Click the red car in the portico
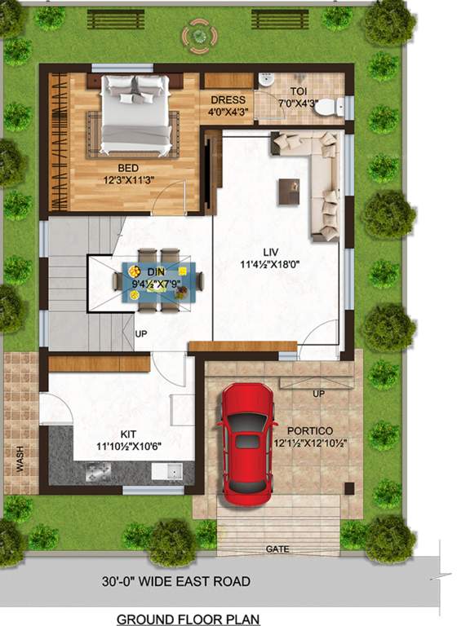pyautogui.click(x=246, y=443)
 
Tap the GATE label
pyautogui.click(x=277, y=549)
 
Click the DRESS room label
pyautogui.click(x=227, y=100)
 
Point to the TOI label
pyautogui.click(x=297, y=90)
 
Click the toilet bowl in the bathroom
pyautogui.click(x=328, y=106)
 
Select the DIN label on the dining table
pyautogui.click(x=155, y=271)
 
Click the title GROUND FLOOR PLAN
pyautogui.click(x=188, y=619)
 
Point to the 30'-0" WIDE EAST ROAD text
pyautogui.click(x=175, y=582)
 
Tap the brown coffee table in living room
pyautogui.click(x=289, y=191)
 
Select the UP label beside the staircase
pyautogui.click(x=140, y=334)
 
